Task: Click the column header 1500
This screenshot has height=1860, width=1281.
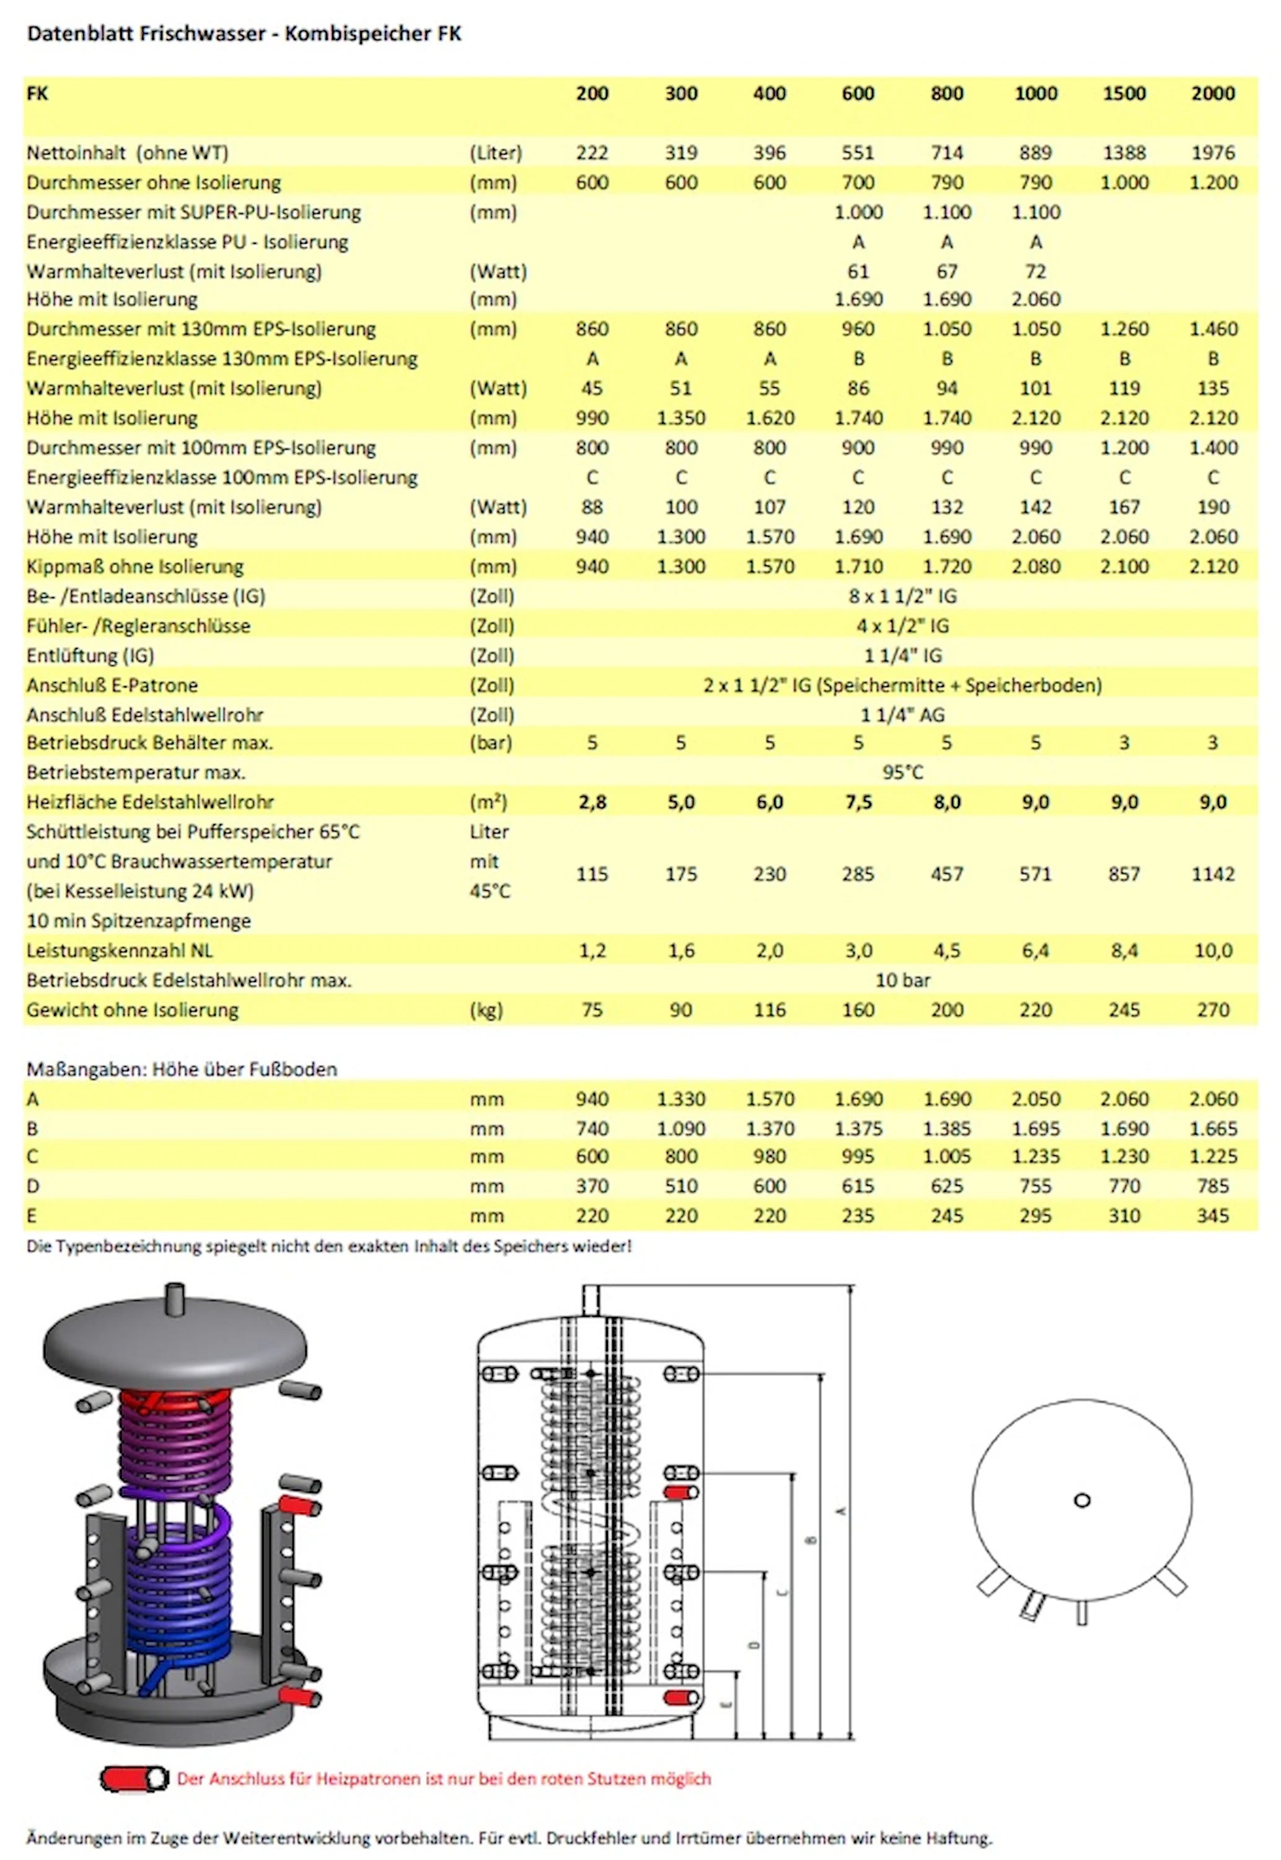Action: pos(1124,93)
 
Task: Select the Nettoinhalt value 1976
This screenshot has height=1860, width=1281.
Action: pos(1212,153)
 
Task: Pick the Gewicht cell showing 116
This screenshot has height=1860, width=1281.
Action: pos(769,1010)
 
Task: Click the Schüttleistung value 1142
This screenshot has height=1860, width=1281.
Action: pos(1212,874)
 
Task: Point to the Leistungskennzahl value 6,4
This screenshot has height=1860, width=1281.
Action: pos(1036,951)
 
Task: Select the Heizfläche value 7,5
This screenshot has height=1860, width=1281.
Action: pos(858,802)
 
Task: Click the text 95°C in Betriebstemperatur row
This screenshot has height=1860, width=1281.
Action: pos(903,773)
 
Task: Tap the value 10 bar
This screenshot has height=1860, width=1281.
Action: pos(903,980)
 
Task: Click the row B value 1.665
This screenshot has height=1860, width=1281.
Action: pos(1212,1128)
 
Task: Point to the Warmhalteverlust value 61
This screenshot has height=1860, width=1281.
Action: pos(858,272)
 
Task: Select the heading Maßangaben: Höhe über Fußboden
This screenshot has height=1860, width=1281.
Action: pos(182,1069)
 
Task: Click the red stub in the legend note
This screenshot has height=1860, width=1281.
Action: pos(133,1779)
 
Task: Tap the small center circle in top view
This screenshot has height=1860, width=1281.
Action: pos(1082,1500)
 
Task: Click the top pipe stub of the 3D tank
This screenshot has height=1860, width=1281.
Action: pos(174,1298)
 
